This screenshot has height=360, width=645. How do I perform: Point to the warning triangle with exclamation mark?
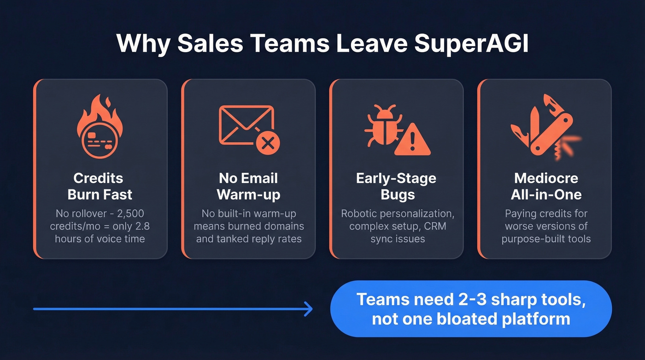412,140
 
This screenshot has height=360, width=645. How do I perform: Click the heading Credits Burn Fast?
100,186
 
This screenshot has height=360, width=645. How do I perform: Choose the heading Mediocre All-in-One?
546,186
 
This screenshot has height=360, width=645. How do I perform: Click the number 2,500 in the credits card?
130,214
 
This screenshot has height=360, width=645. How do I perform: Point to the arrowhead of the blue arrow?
309,309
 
